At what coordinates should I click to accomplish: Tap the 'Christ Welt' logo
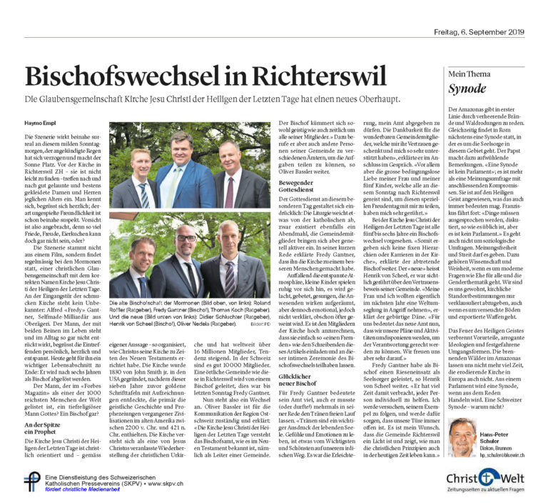tap(489, 478)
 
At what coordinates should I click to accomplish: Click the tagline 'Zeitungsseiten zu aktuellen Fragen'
tap(489, 492)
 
